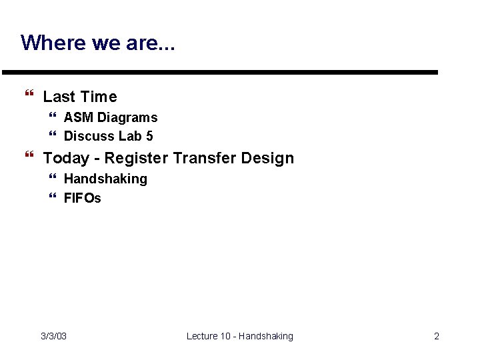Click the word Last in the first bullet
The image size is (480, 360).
(59, 97)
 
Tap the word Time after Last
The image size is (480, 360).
(99, 97)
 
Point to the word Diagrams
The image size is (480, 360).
(127, 117)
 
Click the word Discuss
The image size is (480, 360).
(89, 136)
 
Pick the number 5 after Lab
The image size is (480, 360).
(149, 136)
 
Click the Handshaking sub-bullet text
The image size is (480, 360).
(105, 179)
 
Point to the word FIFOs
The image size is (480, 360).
(83, 198)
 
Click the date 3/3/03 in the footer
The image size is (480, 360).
(53, 336)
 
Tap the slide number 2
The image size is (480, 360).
(437, 336)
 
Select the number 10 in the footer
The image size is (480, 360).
(225, 336)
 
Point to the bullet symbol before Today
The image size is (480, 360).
(29, 157)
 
